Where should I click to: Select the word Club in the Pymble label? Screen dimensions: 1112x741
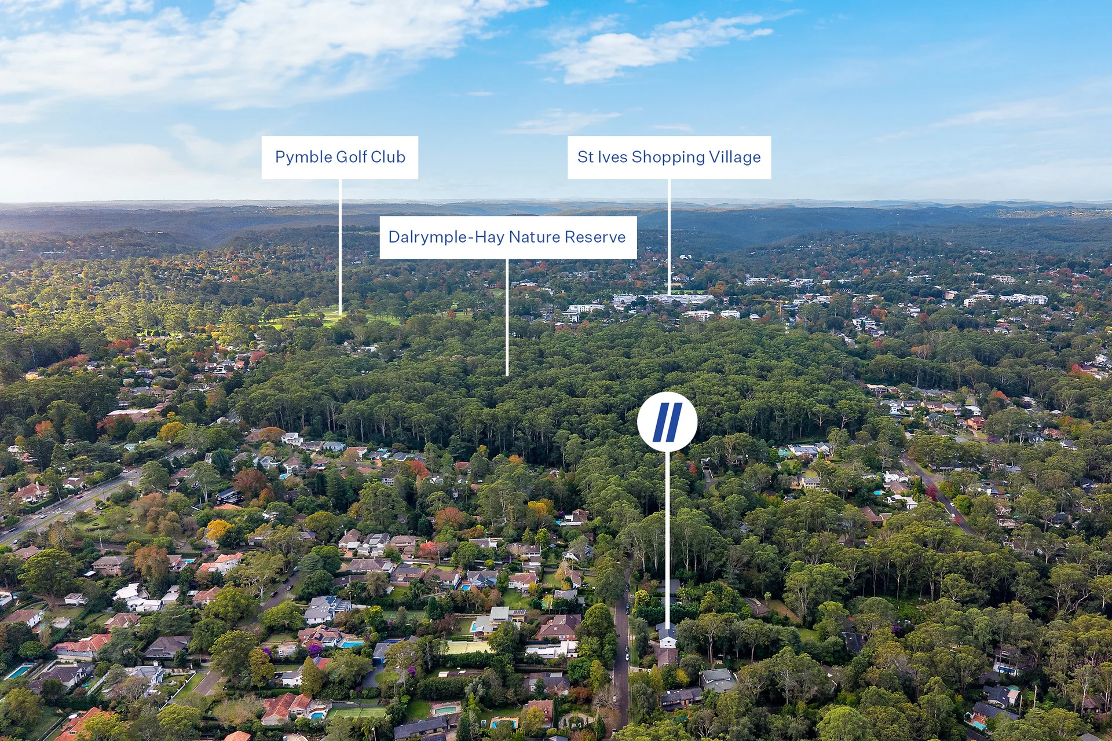coord(387,157)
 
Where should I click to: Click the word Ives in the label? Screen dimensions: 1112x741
coord(612,157)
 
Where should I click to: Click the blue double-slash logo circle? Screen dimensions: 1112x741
coord(667,421)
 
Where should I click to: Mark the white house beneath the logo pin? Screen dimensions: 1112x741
coord(667,637)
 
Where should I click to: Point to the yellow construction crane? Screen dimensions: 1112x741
coord(781,307)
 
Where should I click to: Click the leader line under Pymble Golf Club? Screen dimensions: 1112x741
coord(340,247)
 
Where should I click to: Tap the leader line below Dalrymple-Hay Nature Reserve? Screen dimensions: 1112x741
coord(507,317)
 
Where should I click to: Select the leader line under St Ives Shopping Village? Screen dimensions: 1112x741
coord(669,237)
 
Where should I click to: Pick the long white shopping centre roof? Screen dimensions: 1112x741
coord(664,299)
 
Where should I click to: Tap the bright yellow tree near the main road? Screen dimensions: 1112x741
coord(218,529)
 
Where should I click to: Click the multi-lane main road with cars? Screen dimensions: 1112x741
coord(69,505)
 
